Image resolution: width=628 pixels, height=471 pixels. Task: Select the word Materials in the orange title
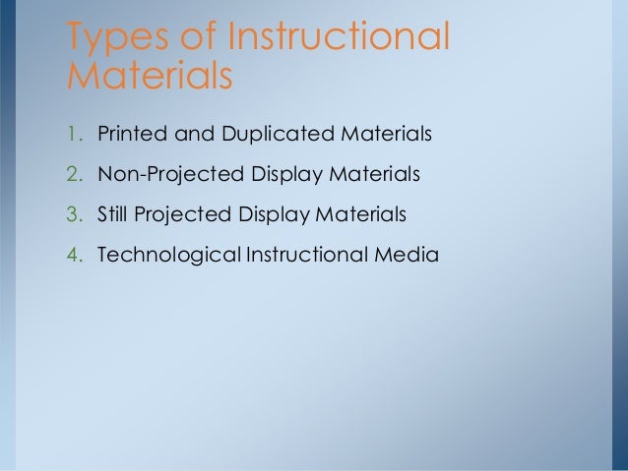coord(149,76)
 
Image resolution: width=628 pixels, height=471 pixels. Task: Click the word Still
coord(113,214)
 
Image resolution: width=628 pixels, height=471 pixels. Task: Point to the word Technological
coord(167,256)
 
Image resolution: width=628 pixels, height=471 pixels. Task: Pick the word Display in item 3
coord(267,214)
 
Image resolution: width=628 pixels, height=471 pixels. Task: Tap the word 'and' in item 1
coord(191,133)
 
